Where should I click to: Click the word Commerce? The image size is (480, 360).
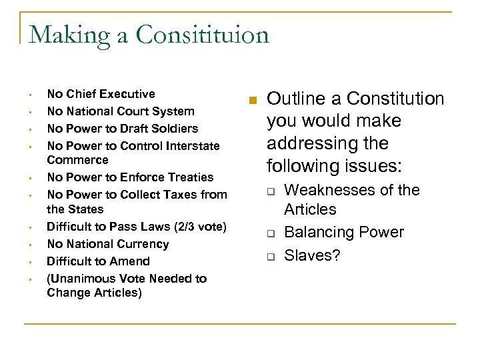pos(77,160)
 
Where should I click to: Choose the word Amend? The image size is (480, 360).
pos(130,261)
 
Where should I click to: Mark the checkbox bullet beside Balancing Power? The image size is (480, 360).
pos(272,233)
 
